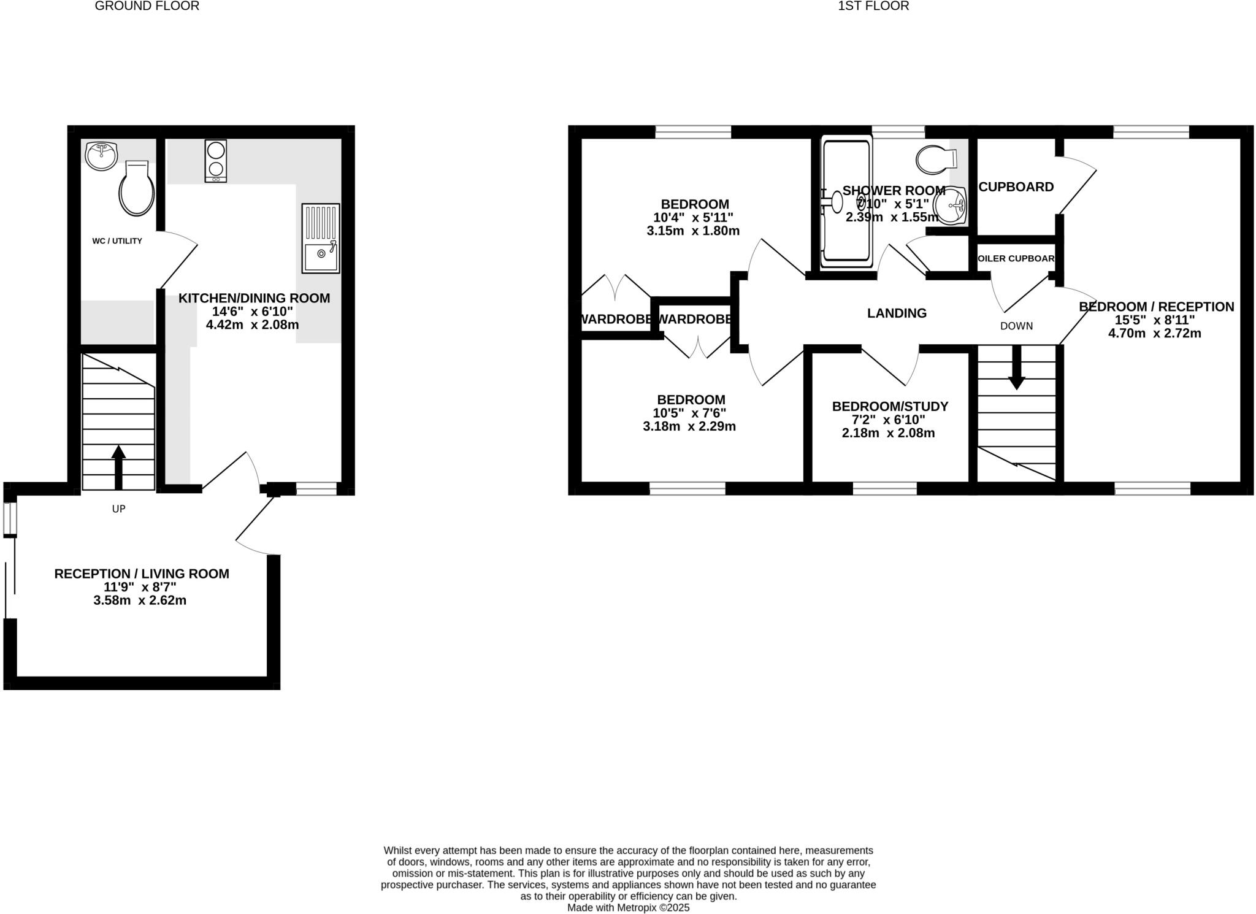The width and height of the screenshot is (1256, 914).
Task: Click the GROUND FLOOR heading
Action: (147, 6)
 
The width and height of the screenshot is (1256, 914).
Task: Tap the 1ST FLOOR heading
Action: (873, 6)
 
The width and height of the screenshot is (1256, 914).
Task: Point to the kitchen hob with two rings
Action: (215, 161)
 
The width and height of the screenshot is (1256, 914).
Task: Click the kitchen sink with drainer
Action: (320, 238)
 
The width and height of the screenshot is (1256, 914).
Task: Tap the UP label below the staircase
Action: (118, 509)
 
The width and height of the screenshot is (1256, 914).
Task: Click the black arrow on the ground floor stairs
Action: (118, 467)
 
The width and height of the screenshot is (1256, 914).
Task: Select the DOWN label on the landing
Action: (1016, 326)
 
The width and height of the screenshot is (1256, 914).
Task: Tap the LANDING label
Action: (897, 313)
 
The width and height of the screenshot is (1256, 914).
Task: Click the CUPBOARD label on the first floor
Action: (1016, 187)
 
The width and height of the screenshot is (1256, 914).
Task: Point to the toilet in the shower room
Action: (936, 159)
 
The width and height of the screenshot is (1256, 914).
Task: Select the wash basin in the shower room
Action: (951, 205)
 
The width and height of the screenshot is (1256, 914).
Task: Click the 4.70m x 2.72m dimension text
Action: (1154, 334)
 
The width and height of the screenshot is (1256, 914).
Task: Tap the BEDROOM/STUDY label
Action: (890, 406)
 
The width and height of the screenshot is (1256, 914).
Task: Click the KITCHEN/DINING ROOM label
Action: (254, 298)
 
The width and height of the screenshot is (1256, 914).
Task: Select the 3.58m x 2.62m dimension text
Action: (140, 601)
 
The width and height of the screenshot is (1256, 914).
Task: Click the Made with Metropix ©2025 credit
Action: (628, 907)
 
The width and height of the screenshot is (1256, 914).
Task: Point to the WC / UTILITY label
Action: (117, 241)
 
